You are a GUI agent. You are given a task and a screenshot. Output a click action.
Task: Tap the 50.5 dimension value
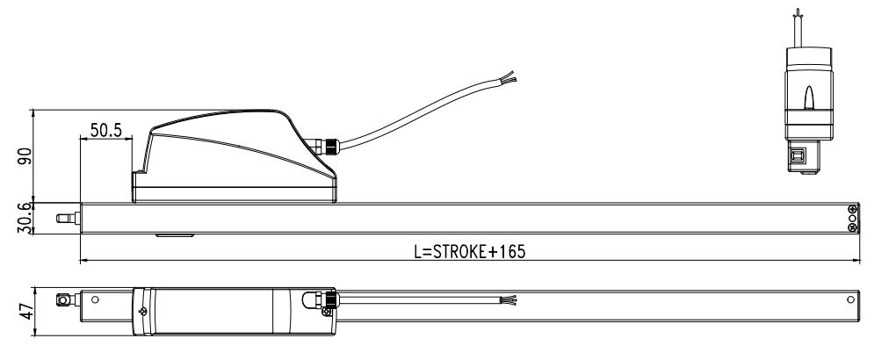click(105, 131)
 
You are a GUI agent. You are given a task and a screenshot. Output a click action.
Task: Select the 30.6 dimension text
click(25, 218)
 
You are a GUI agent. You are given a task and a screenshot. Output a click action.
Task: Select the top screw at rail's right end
click(852, 209)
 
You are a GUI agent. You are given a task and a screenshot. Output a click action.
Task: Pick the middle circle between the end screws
click(852, 218)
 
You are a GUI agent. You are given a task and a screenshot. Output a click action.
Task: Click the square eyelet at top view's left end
click(63, 299)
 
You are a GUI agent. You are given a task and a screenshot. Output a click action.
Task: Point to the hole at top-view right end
click(849, 300)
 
